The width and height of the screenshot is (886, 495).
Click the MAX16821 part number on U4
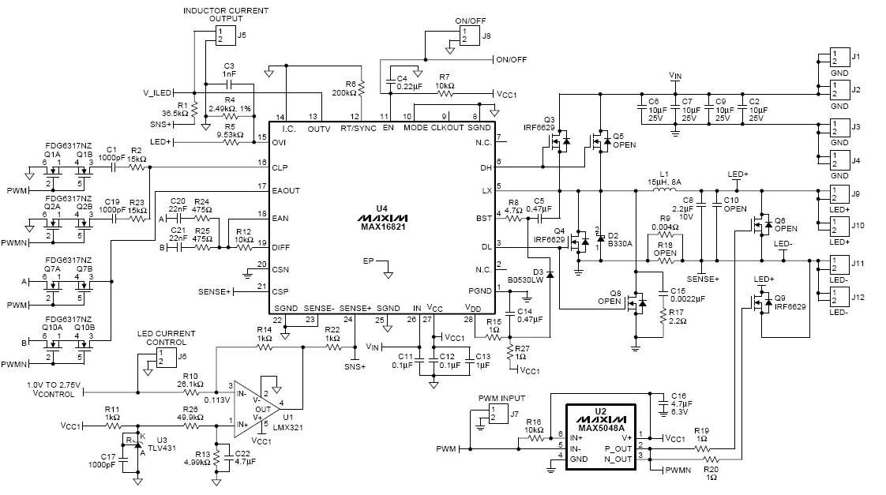(x=382, y=227)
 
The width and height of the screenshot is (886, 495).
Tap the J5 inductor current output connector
(x=225, y=36)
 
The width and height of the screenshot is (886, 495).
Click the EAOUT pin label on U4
(x=286, y=190)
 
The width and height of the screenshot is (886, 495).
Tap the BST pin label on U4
(x=484, y=218)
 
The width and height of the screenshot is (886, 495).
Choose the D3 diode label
(x=538, y=272)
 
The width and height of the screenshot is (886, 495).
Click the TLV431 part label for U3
(x=166, y=448)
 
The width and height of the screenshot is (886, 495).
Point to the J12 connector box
(x=839, y=297)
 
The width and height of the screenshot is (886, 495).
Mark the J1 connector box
(x=839, y=58)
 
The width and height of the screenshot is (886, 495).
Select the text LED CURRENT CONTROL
(x=166, y=338)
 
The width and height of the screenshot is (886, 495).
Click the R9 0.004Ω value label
(x=665, y=227)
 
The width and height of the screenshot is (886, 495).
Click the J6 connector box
(x=167, y=358)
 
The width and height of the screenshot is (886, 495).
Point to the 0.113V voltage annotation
(x=217, y=400)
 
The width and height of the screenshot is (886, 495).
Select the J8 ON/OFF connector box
(x=468, y=36)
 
